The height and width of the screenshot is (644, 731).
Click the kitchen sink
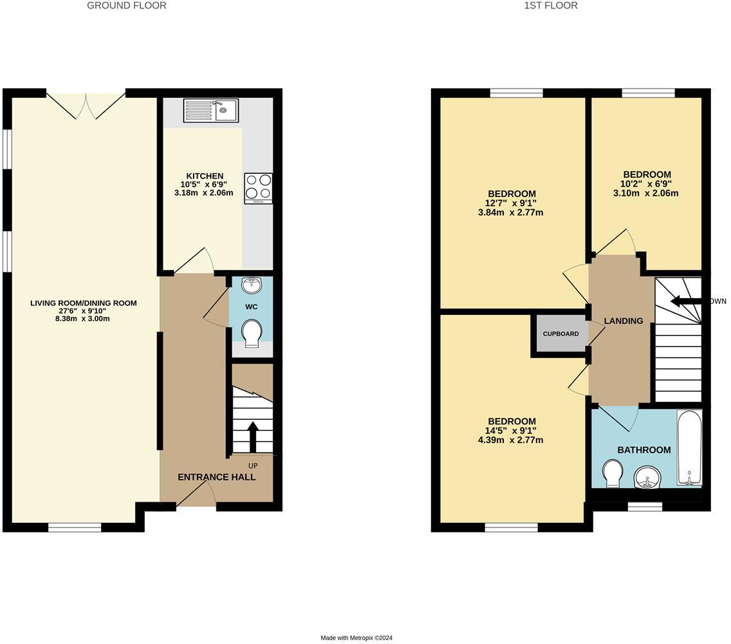click(210, 110)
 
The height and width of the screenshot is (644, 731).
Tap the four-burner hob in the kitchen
click(258, 188)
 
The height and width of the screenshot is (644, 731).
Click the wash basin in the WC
click(251, 285)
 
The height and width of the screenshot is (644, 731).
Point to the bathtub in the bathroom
click(689, 448)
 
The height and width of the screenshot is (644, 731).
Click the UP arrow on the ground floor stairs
click(252, 437)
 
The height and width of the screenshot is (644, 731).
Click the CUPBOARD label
click(560, 334)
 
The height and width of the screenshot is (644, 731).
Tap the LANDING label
click(623, 321)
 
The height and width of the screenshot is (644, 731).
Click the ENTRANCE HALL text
click(216, 477)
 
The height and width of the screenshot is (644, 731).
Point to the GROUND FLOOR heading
click(127, 6)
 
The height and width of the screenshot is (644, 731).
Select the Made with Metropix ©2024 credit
click(356, 638)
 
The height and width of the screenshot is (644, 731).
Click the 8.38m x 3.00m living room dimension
click(84, 319)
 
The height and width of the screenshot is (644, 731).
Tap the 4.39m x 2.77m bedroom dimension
click(511, 440)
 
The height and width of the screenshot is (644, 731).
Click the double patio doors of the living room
click(86, 105)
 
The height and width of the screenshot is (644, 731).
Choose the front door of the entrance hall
click(196, 496)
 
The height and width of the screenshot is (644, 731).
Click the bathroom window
click(645, 507)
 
